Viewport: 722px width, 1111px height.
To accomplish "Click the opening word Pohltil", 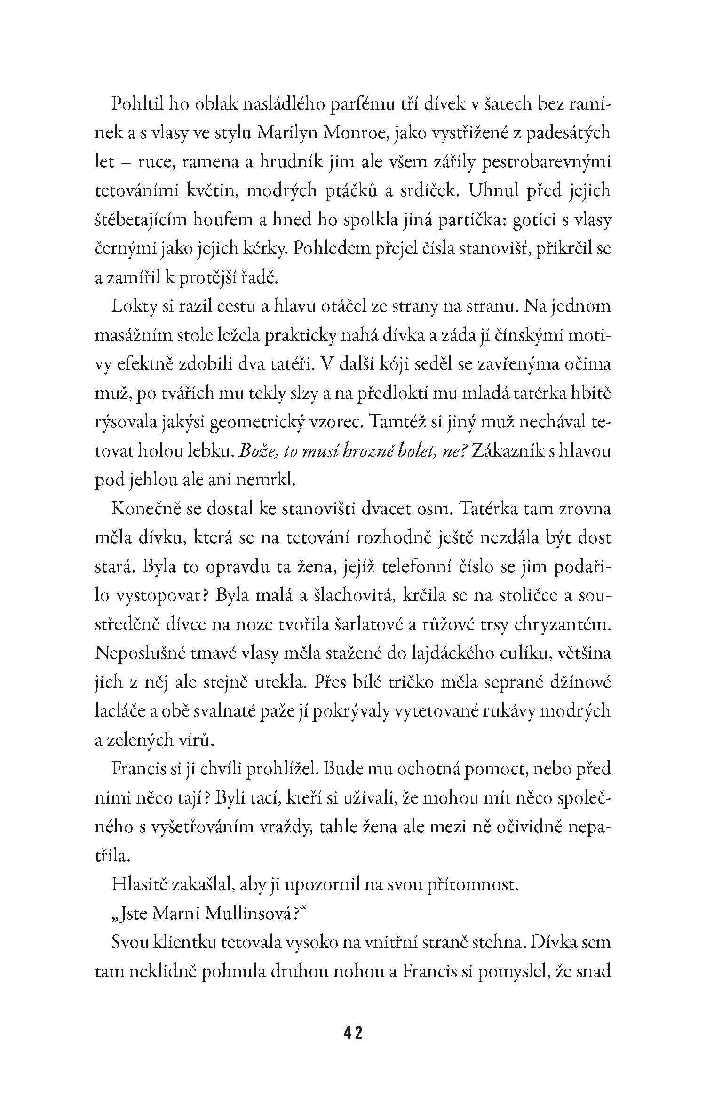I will tap(136, 104).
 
